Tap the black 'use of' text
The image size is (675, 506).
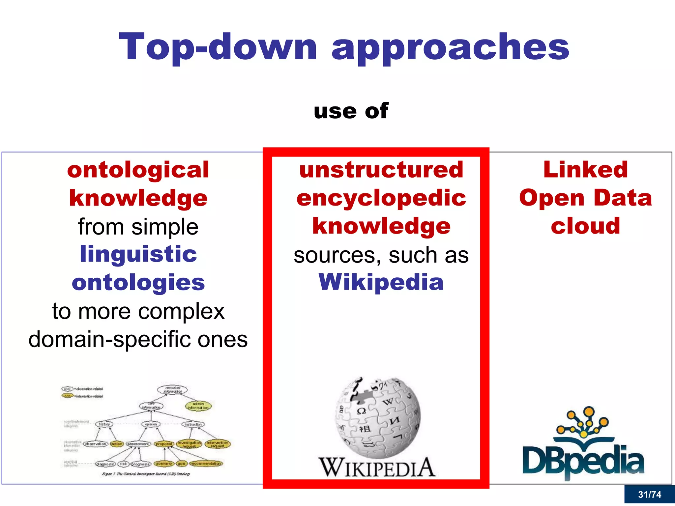coord(351,111)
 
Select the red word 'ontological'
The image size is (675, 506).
coord(138,170)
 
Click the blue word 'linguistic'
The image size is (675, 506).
coord(138,254)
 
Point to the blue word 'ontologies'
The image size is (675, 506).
coord(138,283)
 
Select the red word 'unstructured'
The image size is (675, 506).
coord(381,170)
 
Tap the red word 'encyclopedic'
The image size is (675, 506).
coord(381,198)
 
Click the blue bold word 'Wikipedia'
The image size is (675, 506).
coord(381,282)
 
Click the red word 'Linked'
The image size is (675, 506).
coord(586,170)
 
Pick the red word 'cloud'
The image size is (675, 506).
coord(586,226)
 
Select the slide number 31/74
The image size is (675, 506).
coord(649,494)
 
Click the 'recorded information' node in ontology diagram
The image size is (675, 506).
coord(172,390)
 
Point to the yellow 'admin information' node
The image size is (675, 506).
coord(198,406)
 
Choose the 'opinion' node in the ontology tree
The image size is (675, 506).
coord(151,424)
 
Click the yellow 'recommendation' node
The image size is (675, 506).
coord(206,464)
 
